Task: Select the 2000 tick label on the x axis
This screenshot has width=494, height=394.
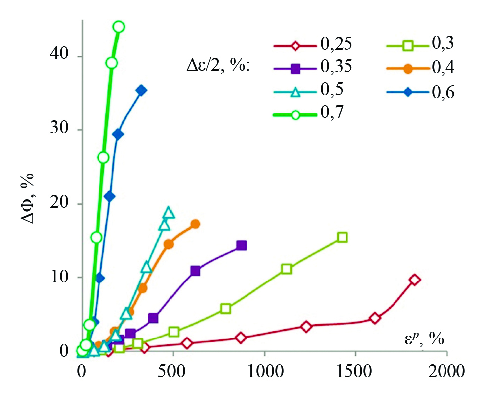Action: [x=446, y=371]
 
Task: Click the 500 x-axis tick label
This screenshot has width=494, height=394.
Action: [x=173, y=371]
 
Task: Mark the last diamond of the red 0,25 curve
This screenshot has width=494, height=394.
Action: [x=415, y=280]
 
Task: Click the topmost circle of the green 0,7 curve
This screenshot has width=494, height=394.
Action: [x=118, y=27]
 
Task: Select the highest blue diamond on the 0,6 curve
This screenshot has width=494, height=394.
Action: [x=141, y=90]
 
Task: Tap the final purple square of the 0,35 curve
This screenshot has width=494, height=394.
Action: [x=241, y=245]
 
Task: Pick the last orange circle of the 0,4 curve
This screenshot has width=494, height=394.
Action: [x=195, y=224]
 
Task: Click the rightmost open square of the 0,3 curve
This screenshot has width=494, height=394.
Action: [x=342, y=237]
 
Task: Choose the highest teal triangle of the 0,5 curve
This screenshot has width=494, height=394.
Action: [x=169, y=212]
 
